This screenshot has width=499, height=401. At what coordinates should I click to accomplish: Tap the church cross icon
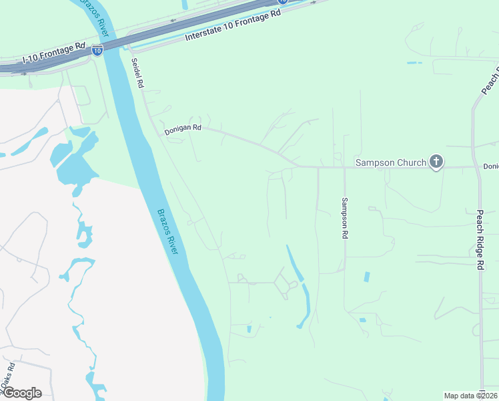click(436, 161)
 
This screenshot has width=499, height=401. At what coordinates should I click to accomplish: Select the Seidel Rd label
click(137, 73)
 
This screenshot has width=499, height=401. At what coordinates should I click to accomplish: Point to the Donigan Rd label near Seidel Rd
click(183, 129)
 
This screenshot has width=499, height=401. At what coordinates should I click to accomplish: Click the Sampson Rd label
click(345, 218)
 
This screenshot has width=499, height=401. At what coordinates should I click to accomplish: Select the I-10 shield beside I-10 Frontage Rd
click(97, 50)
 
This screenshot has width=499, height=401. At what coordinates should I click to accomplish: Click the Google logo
click(21, 393)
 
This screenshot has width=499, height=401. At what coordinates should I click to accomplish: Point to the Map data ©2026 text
click(470, 396)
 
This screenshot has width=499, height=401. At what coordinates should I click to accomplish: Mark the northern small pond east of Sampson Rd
click(366, 277)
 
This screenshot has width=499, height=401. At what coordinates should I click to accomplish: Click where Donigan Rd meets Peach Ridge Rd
click(478, 166)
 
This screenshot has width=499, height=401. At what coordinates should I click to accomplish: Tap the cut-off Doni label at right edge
click(491, 166)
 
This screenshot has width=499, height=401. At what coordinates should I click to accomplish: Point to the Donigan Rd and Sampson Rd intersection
click(344, 166)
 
